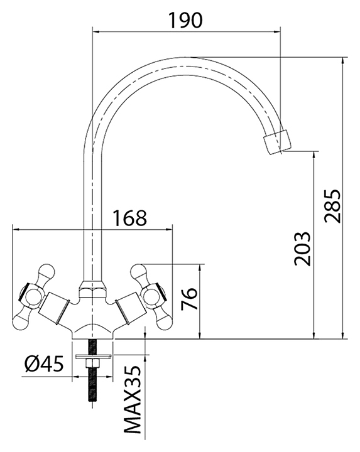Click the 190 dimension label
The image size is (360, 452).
point(185,20)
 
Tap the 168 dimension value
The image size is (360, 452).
point(129,218)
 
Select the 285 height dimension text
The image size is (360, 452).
point(332,206)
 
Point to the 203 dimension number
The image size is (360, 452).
point(302,248)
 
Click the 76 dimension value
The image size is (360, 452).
point(189,298)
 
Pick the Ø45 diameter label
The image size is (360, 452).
point(44,363)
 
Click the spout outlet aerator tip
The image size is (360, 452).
point(277,142)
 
